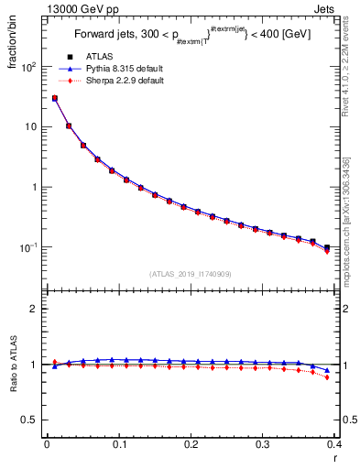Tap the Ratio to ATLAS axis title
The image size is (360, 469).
15,365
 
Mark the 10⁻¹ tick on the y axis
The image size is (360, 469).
29,247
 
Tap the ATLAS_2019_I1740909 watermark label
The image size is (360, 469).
191,274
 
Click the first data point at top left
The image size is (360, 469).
54,98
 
